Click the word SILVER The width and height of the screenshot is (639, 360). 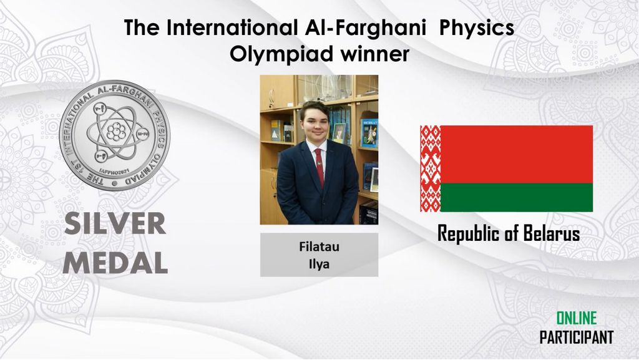coord(115,223)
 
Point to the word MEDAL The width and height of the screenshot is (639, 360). coord(115,263)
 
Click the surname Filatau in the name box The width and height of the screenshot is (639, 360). coord(319,246)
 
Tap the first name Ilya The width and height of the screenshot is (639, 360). coord(319,265)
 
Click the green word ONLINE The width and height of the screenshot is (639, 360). coord(576,318)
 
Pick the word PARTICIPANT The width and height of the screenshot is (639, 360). coord(576,337)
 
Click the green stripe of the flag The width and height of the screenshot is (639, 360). coord(516,198)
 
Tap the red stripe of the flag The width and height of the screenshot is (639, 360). coord(516,154)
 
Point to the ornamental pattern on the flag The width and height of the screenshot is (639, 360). coord(431,168)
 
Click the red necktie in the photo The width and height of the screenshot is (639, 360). coord(320,167)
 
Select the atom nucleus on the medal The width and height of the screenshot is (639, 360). coord(116,132)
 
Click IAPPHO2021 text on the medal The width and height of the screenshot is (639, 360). coord(114,172)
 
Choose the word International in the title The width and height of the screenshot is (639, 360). coord(232,28)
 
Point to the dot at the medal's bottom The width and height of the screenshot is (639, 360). coord(115,183)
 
